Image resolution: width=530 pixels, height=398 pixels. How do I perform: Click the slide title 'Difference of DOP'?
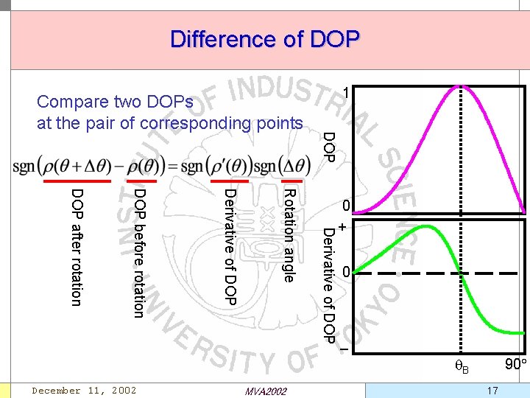coord(265,38)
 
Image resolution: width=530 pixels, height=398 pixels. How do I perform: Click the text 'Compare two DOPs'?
coord(115,102)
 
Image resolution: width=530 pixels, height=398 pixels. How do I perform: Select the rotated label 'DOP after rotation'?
coord(77,246)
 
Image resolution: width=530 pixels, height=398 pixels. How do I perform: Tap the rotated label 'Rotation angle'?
coord(289,235)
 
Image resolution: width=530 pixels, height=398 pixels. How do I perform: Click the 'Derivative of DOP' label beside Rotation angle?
coord(230,246)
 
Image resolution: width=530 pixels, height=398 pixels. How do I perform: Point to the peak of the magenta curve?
coord(461,86)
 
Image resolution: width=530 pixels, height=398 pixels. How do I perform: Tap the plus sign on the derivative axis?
coord(343,226)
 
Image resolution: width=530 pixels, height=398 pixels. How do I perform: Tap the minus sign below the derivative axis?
coord(344,349)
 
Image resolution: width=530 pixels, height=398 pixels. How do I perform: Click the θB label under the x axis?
coord(462,366)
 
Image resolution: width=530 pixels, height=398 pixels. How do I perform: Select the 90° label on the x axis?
coord(514,364)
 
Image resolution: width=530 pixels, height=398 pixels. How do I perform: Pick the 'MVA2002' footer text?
coord(264,391)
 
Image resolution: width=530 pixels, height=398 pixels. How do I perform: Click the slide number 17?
coord(492,389)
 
